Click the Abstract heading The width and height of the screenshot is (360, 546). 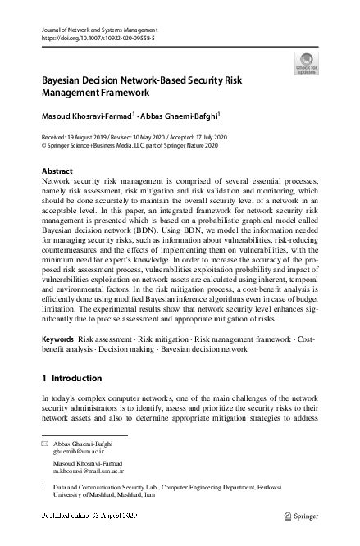point(57,171)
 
